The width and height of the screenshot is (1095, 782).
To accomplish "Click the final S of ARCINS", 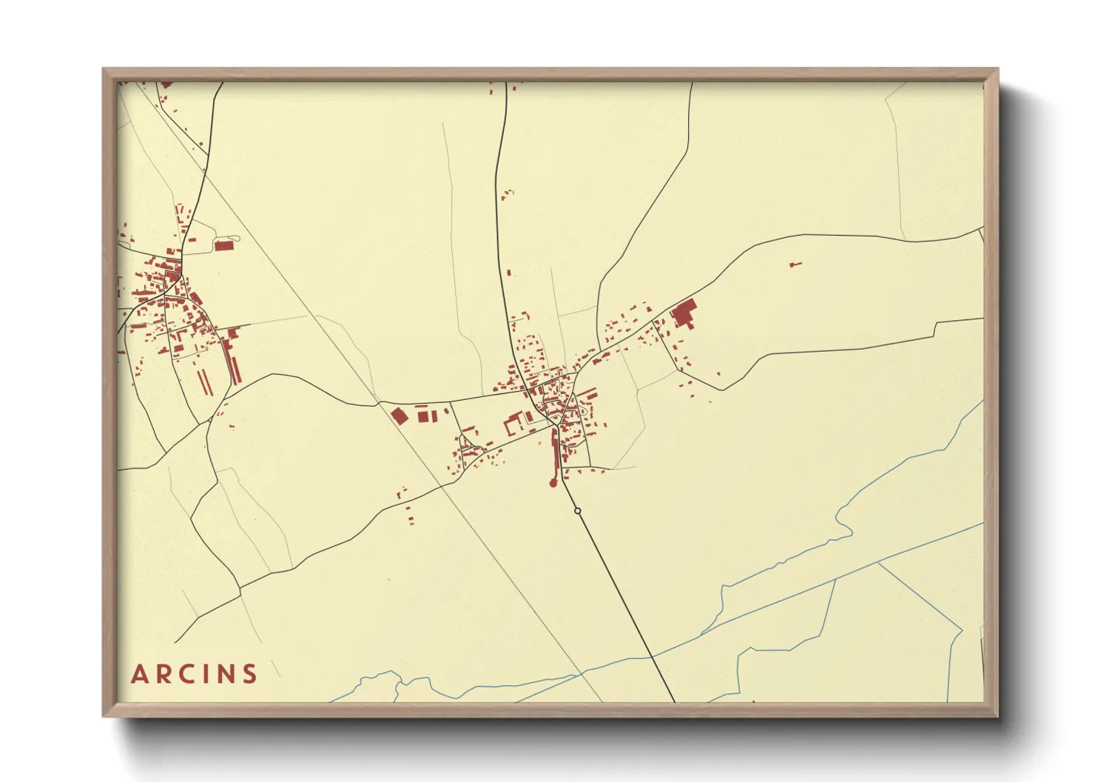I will pos(250,674).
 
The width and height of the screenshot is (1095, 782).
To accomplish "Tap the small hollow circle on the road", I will pos(577,511).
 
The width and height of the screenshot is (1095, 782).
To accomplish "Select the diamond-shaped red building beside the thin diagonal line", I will pos(400,416).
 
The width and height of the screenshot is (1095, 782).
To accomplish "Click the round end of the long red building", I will pos(552,483).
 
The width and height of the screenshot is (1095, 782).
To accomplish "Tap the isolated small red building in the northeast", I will pos(795,264).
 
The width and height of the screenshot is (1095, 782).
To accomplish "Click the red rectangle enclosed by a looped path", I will pos(223,245).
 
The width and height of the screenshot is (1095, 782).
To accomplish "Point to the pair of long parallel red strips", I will pos(204,381).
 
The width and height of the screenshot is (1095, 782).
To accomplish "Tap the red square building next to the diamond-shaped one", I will pos(423,417).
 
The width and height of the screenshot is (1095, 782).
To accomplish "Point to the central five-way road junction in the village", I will pos(553,422).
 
